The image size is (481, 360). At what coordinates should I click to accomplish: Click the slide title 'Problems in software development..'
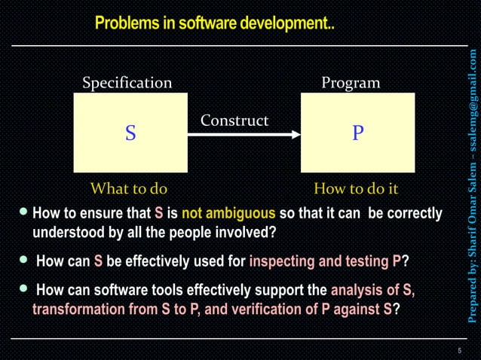coord(214,24)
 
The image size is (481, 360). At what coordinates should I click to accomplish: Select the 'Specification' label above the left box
coord(127,82)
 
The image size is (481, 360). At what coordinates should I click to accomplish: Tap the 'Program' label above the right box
coord(351,82)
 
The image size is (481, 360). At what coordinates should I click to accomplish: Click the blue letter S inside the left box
coord(130,133)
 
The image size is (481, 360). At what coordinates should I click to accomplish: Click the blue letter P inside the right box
coord(358,133)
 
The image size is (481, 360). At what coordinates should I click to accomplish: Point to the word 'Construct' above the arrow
coord(234,121)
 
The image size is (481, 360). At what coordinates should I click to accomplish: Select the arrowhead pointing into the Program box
coord(296,135)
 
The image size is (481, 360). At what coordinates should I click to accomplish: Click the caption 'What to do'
coord(129,188)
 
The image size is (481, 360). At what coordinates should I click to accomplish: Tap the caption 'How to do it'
coord(356,188)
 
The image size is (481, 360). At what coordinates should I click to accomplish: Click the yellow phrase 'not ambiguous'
coord(228,213)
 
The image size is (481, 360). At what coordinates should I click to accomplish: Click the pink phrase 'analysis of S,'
coord(372,290)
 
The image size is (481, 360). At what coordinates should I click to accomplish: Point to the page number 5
coord(459,350)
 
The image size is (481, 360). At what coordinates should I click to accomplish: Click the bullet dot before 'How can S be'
coord(26,260)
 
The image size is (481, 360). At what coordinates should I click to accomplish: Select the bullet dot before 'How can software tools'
coord(26,288)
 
